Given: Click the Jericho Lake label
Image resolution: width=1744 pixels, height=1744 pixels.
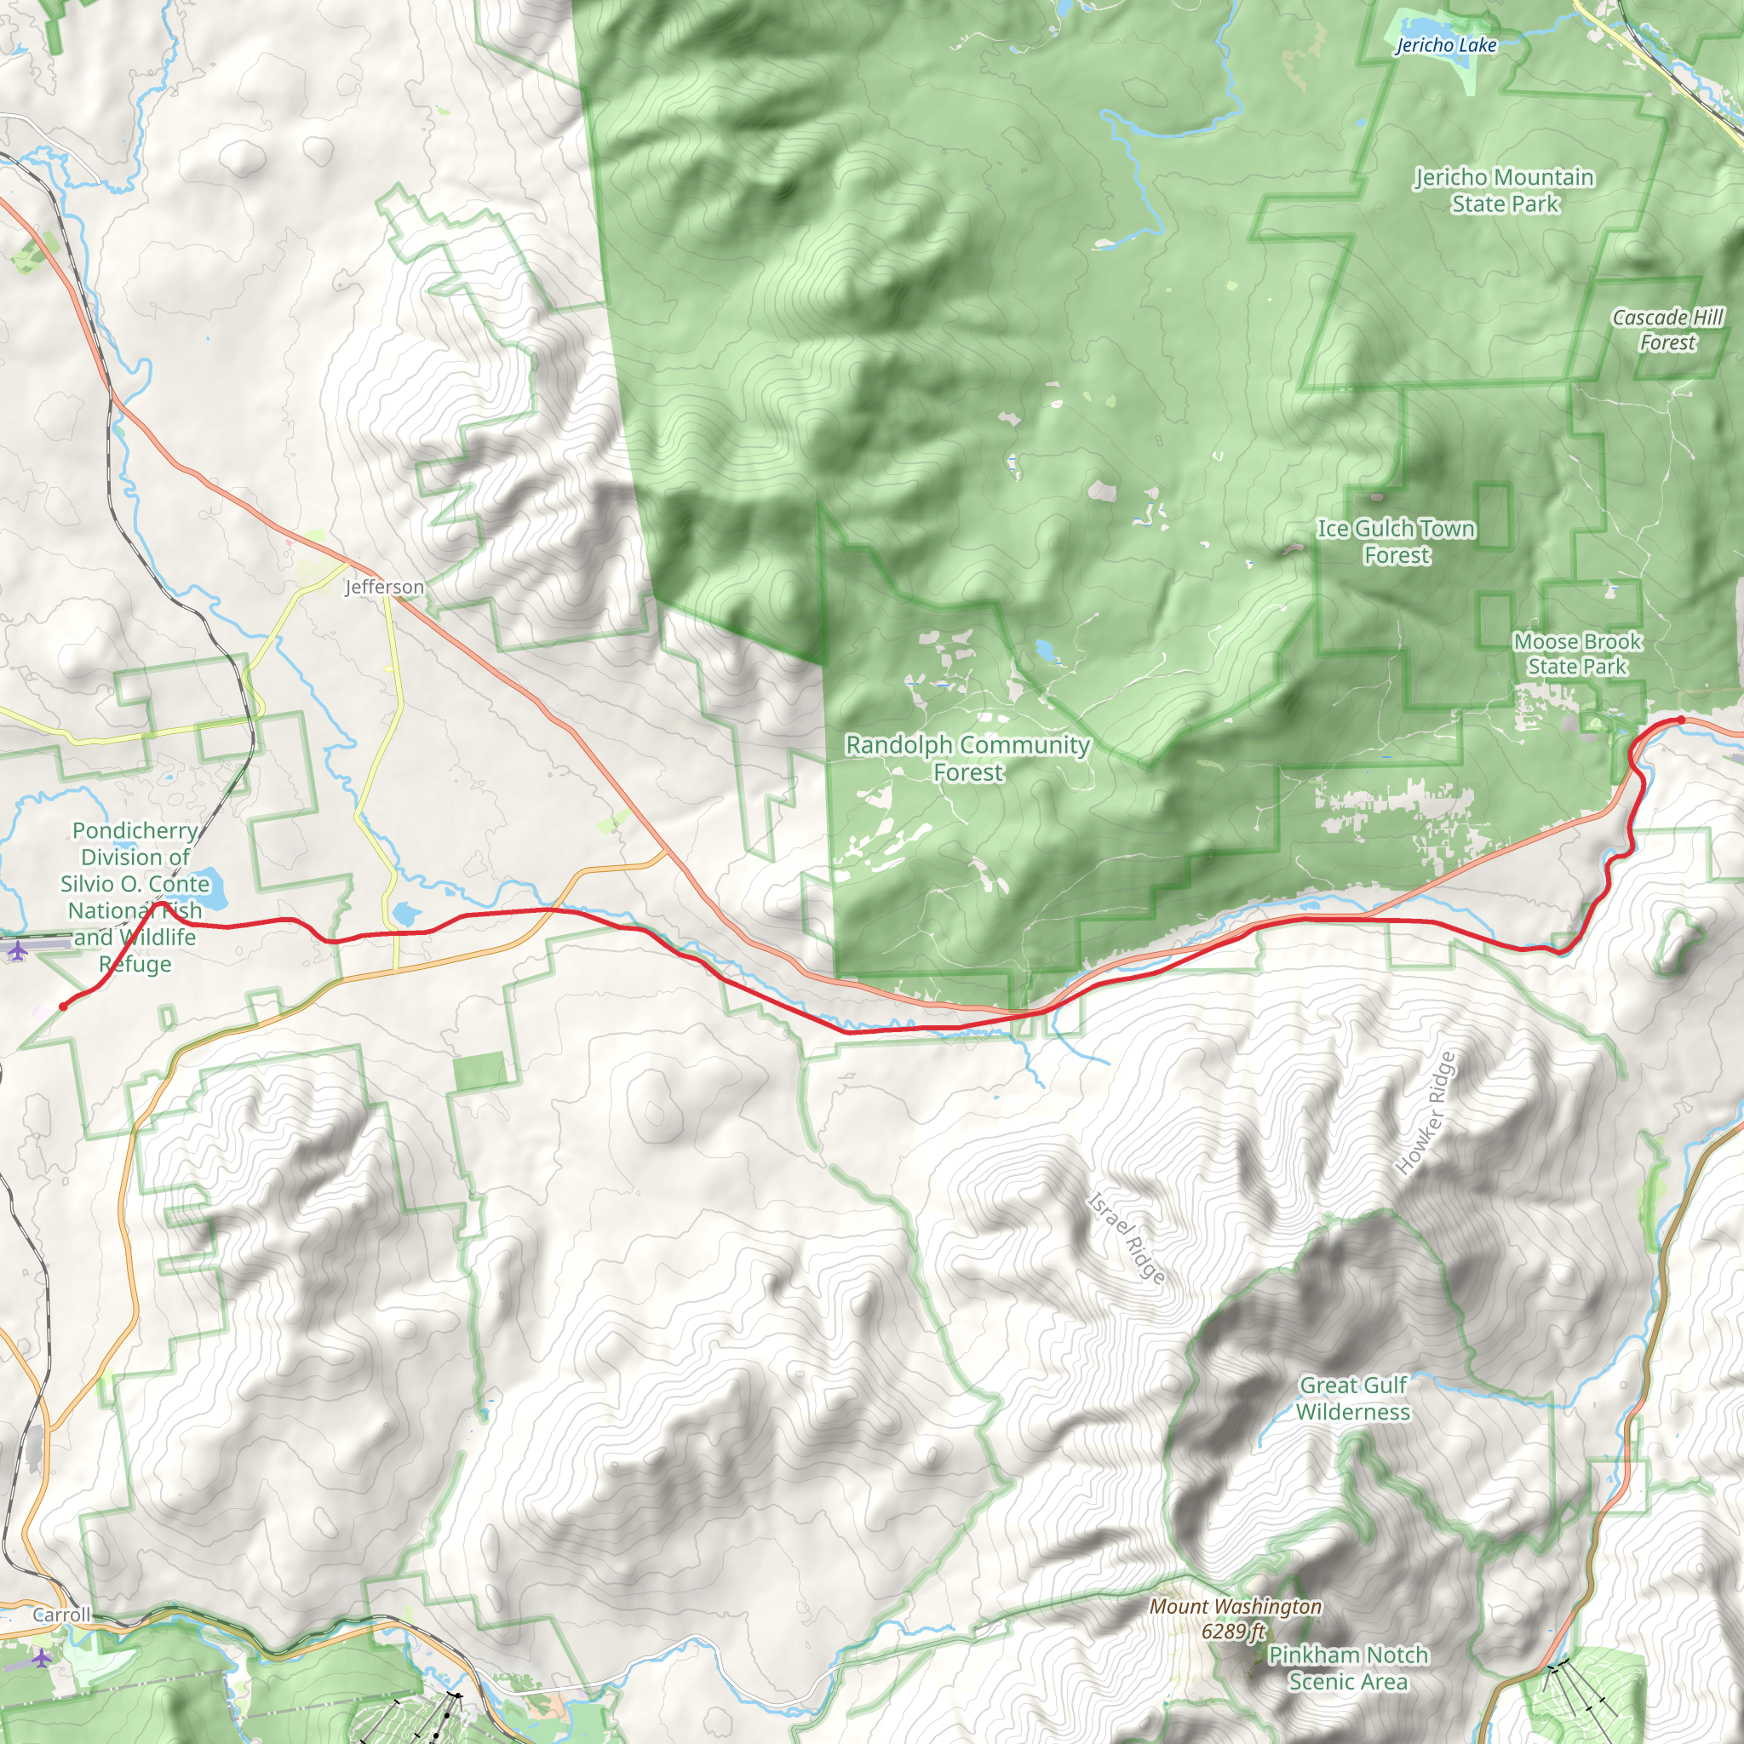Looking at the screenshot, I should tap(1445, 45).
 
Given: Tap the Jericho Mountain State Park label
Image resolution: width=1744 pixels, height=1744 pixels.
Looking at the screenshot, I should tap(1504, 191).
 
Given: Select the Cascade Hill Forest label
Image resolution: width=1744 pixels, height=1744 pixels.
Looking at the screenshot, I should tap(1667, 330).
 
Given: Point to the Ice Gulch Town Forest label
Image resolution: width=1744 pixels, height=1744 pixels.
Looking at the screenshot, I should tap(1397, 542).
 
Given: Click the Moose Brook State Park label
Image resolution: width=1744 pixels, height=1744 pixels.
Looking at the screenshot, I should tap(1577, 653).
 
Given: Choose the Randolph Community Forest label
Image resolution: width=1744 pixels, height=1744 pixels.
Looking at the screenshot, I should tap(967, 758).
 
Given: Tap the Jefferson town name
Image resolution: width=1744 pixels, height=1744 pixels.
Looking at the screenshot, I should tap(384, 587).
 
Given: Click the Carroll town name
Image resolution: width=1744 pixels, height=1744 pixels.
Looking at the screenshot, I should tap(61, 1615).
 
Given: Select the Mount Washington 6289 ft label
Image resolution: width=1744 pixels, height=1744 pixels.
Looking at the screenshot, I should tap(1235, 1619).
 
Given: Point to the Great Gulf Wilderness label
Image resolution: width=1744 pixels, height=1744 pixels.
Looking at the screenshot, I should tap(1352, 1398).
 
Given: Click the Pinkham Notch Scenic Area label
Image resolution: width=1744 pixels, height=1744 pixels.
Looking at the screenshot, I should tap(1348, 1668).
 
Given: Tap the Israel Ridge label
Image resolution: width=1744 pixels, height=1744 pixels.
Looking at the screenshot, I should tap(1126, 1237).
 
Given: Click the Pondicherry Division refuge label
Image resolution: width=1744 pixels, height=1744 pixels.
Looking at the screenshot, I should tap(135, 897).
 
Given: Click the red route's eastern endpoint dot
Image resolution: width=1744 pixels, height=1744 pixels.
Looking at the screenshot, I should tap(1681, 720).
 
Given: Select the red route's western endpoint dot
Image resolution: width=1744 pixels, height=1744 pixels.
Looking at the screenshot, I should tap(62, 1007).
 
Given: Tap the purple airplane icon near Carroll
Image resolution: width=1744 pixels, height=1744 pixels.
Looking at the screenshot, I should tap(42, 1658).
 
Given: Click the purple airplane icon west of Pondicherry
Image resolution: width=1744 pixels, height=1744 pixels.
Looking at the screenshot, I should tap(17, 949).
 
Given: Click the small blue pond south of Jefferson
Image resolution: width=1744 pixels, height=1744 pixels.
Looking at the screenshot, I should tap(406, 914).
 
